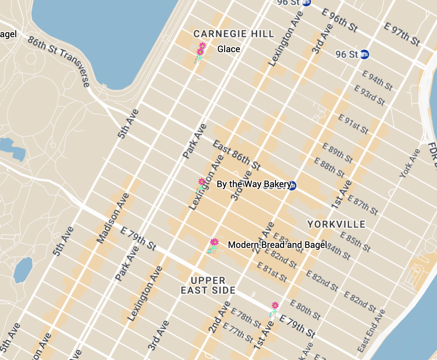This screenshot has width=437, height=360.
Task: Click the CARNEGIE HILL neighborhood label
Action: coord(234,34)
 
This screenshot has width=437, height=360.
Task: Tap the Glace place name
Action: coord(229,49)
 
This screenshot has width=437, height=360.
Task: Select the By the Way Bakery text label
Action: coord(254,184)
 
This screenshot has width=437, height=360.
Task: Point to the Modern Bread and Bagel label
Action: coord(277,245)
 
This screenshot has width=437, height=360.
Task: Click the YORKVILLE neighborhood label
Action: coord(336,224)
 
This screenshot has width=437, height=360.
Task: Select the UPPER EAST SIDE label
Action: coord(208,285)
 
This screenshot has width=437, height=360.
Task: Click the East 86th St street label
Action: coord(236,154)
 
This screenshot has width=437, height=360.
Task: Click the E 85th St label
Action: coord(355,241)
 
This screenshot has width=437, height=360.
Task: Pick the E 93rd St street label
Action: coord(370,95)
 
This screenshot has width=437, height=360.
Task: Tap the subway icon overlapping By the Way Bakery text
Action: coord(293,185)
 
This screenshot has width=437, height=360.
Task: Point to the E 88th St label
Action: coord(329,167)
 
